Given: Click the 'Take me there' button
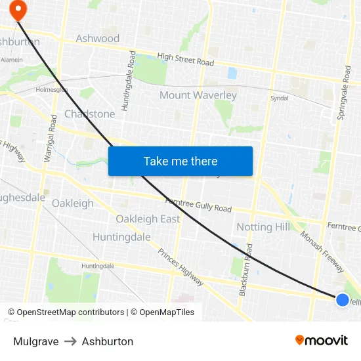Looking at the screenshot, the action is coord(180,161).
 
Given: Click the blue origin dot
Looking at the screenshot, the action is coord(342,299).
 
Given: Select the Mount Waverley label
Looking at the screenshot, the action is coord(198,95).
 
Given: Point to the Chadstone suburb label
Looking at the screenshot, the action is coord(89,114).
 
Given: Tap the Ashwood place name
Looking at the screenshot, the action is coord(98,38).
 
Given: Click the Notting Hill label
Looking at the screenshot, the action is coord(263,227).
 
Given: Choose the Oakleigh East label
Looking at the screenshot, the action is coord(148,219).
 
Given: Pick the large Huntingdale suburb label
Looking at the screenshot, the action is coord(121,237).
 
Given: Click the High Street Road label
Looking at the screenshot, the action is coord(186,60).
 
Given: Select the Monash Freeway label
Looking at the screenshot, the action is coord(322,251).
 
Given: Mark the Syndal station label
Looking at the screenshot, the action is coord(279,98).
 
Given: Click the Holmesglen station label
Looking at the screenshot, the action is coord(51,89).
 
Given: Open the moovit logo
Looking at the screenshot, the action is coord(322,340).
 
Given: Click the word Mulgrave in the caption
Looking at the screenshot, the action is coord(35,341).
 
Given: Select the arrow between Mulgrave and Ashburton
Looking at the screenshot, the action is coord(70,341).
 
